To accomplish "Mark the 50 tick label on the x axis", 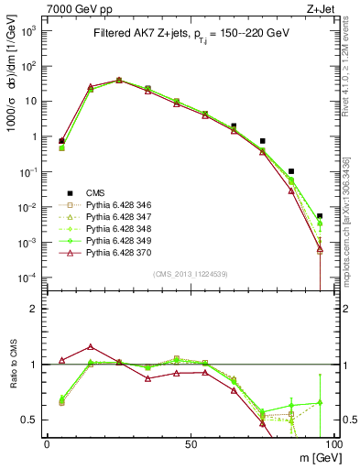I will click(x=190, y=444).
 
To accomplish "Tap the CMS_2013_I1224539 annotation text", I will click(x=189, y=273).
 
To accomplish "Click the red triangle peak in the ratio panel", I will click(x=90, y=347).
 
